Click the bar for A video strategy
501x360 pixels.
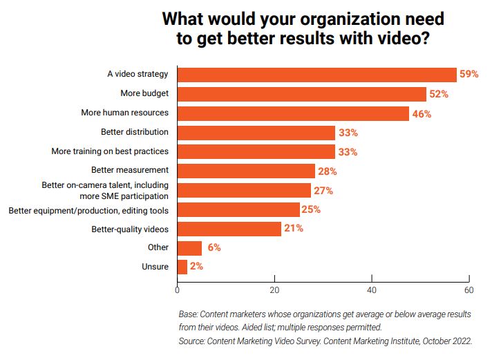click(x=316, y=75)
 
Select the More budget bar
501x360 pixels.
click(x=301, y=94)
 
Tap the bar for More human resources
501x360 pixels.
click(x=293, y=113)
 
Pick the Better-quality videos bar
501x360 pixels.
click(x=229, y=229)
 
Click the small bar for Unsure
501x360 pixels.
click(x=182, y=267)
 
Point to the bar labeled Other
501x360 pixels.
click(x=189, y=247)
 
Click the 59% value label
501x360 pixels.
click(x=469, y=75)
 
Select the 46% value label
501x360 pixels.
click(x=422, y=114)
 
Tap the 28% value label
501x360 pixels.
click(x=328, y=171)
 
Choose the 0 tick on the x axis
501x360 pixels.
click(x=178, y=290)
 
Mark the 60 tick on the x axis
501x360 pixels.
click(x=469, y=290)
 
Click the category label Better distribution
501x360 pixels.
click(x=135, y=131)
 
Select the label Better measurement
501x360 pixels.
click(x=130, y=170)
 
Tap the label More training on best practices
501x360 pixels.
click(x=111, y=151)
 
